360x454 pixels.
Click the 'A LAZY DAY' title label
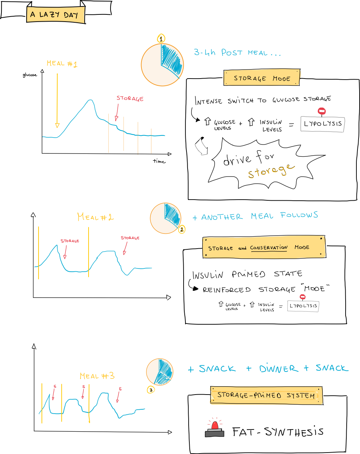[x=55, y=15]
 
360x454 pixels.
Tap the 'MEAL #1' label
[x=62, y=64]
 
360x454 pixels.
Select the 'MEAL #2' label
[x=95, y=217]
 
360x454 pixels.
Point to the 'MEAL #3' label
[x=97, y=376]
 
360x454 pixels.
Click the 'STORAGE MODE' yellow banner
[x=262, y=78]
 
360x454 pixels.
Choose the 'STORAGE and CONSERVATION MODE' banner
[x=264, y=248]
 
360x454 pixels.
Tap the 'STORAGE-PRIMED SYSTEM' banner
[x=266, y=396]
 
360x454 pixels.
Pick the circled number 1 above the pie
[x=161, y=39]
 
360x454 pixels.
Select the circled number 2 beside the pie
[x=182, y=229]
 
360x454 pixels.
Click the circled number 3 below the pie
[x=151, y=390]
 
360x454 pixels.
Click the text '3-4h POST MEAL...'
[x=237, y=53]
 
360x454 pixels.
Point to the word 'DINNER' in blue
[x=279, y=369]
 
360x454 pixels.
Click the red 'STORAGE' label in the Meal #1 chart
[x=130, y=98]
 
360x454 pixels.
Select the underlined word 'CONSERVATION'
[x=269, y=248]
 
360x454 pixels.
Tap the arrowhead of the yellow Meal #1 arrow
[x=57, y=125]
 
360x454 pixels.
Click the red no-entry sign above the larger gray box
[x=322, y=111]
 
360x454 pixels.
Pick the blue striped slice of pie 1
[x=172, y=59]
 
